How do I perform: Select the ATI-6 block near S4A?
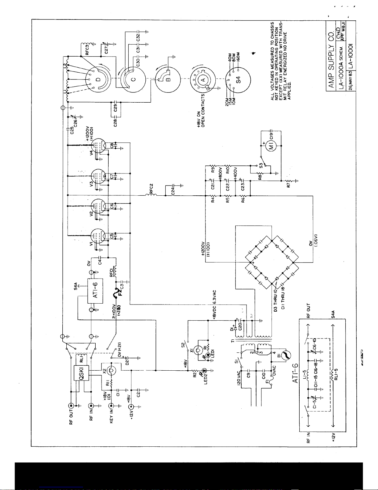(95, 292)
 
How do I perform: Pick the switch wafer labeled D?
(98, 80)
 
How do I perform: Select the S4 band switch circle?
(238, 79)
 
